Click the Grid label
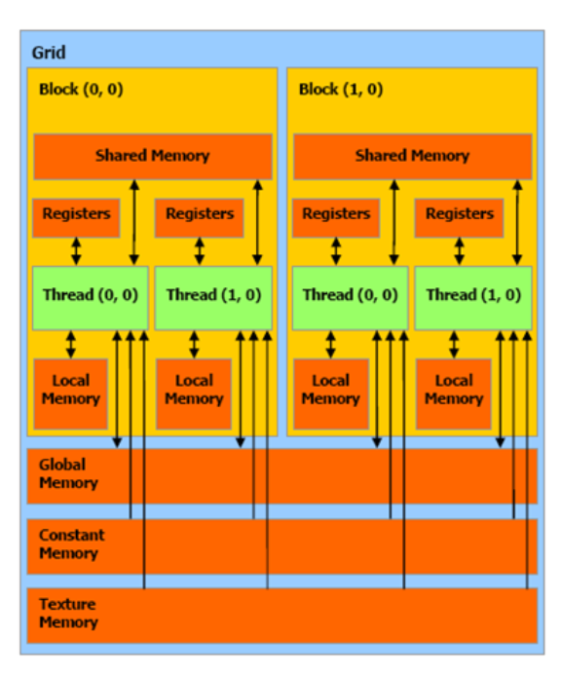tap(49, 53)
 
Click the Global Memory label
tap(68, 473)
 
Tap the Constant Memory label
tap(71, 544)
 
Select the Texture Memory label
tap(68, 614)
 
